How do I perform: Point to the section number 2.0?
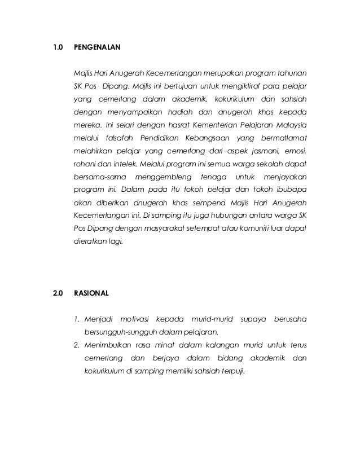tap(58, 293)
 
